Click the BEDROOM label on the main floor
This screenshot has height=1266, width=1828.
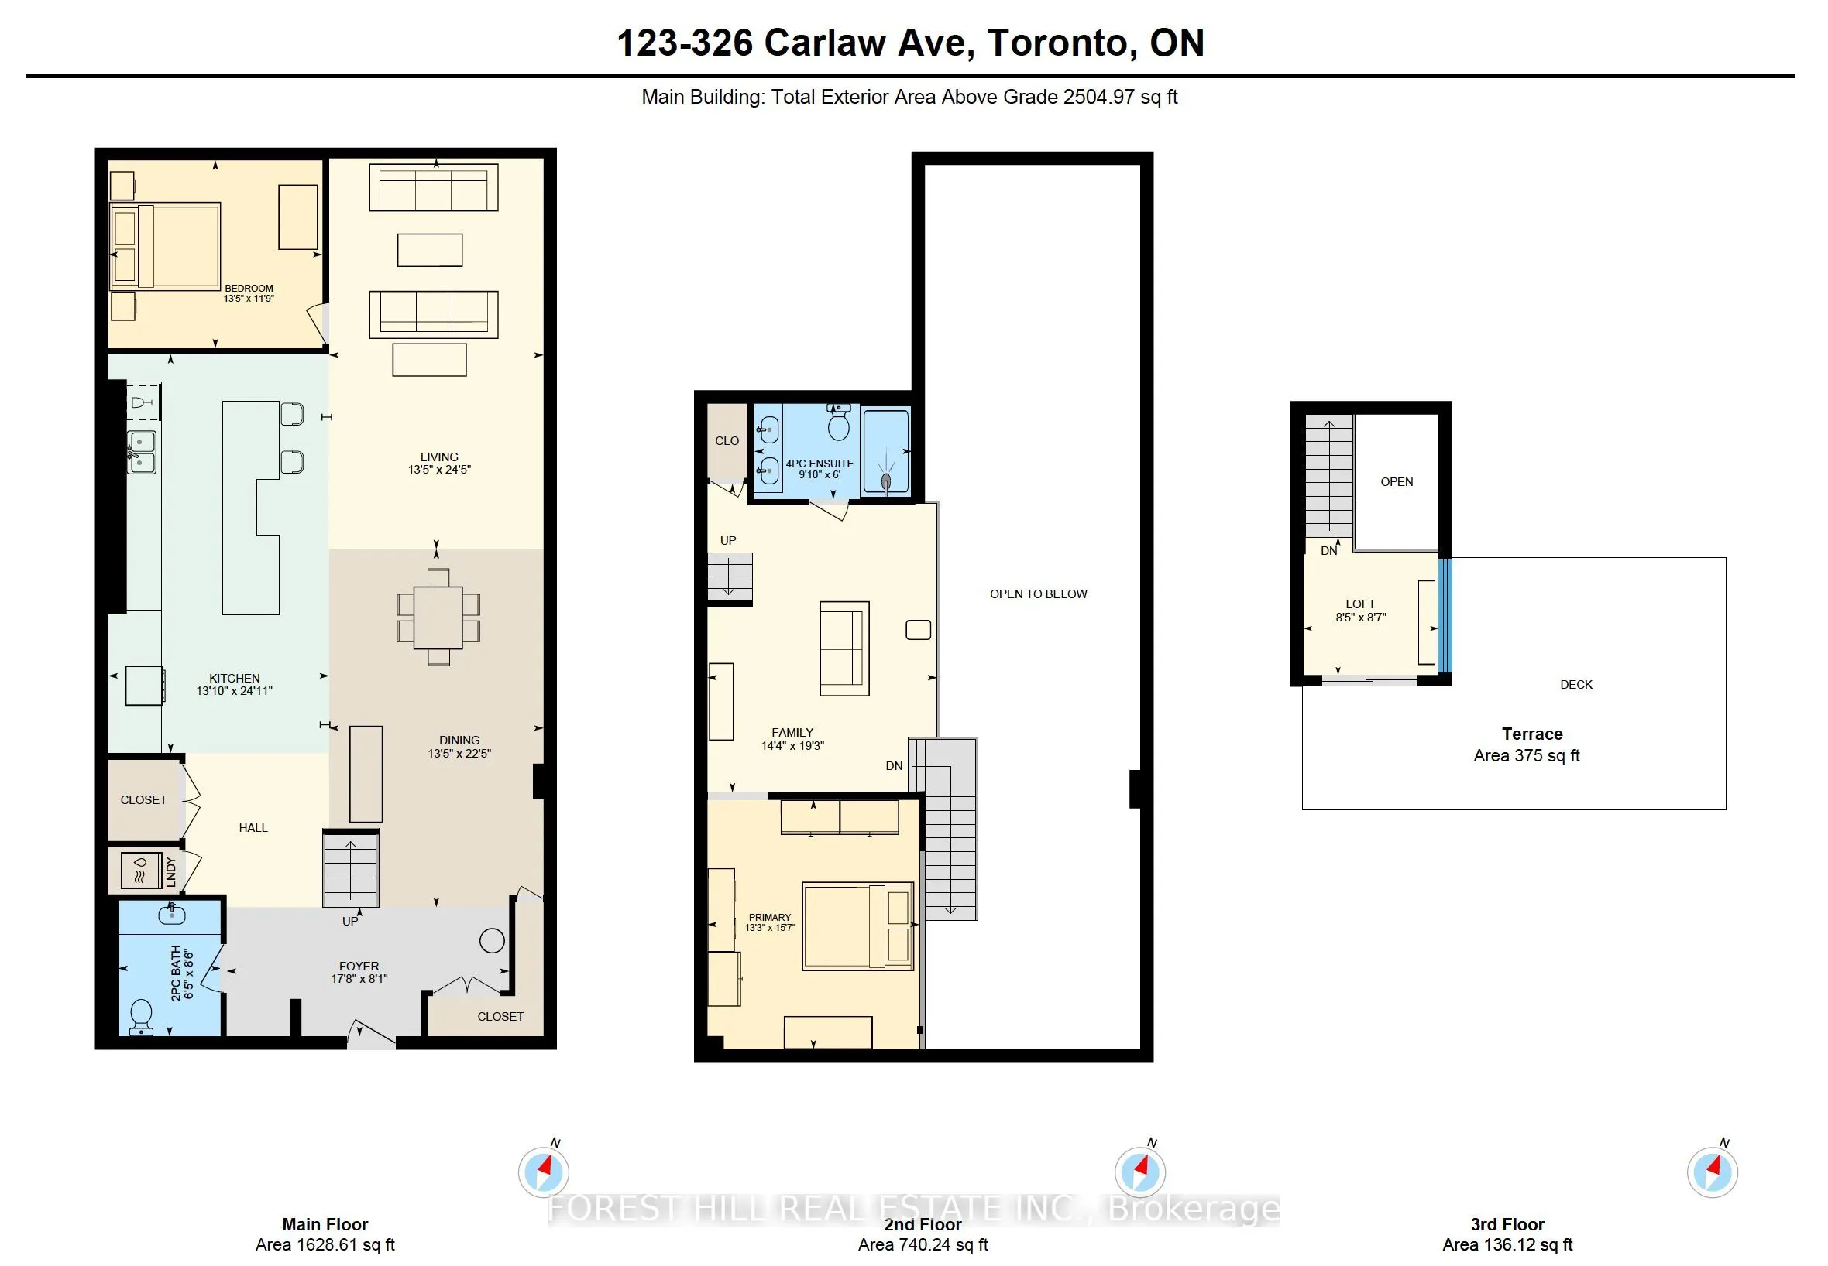tap(249, 289)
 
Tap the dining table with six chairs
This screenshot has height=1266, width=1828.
tap(438, 616)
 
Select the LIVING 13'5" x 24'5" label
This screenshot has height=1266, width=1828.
tap(439, 463)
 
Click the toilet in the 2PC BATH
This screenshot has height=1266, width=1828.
tap(141, 1016)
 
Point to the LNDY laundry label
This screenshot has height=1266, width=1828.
tap(170, 871)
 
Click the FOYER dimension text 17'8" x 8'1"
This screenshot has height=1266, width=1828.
tap(359, 978)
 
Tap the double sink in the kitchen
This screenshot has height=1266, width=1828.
tap(142, 452)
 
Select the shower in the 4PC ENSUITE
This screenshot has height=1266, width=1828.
tap(886, 452)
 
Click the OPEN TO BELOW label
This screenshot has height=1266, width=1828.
tap(1037, 594)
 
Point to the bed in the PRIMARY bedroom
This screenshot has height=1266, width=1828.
tap(857, 926)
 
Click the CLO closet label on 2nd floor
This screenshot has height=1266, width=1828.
tap(727, 441)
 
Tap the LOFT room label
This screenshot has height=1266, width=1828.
tap(1359, 604)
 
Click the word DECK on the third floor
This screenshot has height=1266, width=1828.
tap(1575, 685)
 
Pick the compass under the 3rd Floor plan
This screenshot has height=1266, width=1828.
tap(1711, 1172)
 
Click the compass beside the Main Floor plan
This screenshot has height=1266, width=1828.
tap(544, 1172)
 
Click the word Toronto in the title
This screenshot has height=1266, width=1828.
tap(1056, 43)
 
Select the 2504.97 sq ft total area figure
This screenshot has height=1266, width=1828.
tap(1119, 97)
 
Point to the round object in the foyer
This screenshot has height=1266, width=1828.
tap(492, 941)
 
